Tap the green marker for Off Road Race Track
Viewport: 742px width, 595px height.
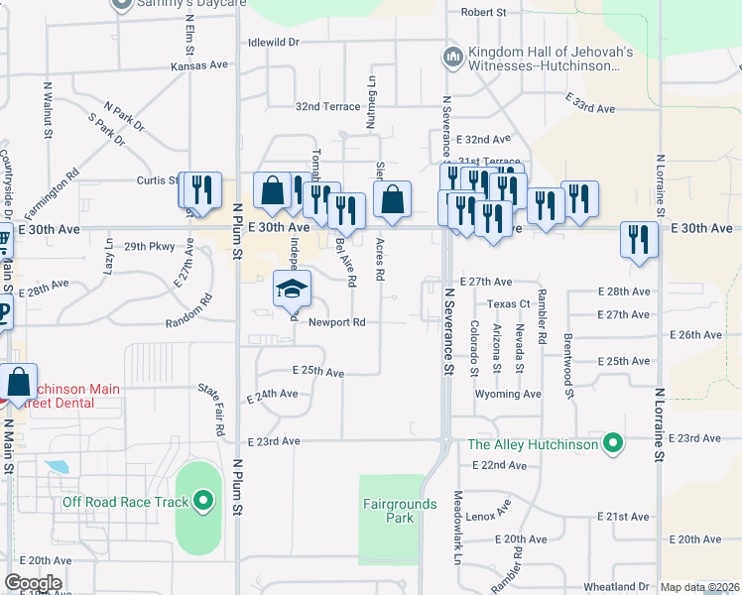click(204, 501)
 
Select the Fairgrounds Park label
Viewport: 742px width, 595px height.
click(399, 511)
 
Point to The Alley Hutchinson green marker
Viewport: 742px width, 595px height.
click(613, 442)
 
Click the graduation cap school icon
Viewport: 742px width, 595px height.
click(292, 289)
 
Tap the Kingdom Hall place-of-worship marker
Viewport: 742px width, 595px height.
click(453, 57)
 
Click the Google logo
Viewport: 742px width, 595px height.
click(33, 583)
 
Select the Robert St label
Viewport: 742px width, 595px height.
click(483, 12)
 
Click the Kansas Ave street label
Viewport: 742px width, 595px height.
click(198, 65)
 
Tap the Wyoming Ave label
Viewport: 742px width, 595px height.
click(508, 394)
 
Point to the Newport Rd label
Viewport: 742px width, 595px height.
click(336, 322)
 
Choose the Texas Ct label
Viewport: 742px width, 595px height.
click(510, 303)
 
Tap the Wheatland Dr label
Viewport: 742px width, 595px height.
click(616, 587)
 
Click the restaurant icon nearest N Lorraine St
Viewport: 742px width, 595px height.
click(639, 239)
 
